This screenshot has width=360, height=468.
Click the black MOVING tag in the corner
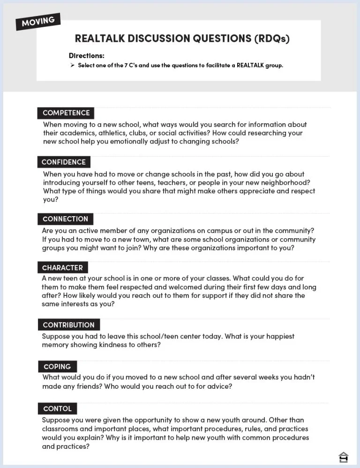pos(38,21)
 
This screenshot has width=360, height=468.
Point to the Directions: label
pos(86,55)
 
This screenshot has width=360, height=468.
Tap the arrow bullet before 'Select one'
pos(73,65)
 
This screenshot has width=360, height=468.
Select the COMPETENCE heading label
pos(66,113)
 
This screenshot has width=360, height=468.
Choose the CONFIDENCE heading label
pos(64,162)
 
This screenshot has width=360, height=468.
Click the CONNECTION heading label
pos(65,219)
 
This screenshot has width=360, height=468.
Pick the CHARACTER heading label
pos(62,268)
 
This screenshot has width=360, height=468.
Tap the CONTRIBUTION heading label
pos(68,325)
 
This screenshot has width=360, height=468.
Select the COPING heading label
pos(57,367)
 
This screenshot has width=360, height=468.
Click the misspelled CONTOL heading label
pos(57,409)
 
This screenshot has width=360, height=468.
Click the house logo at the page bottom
pos(343,457)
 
